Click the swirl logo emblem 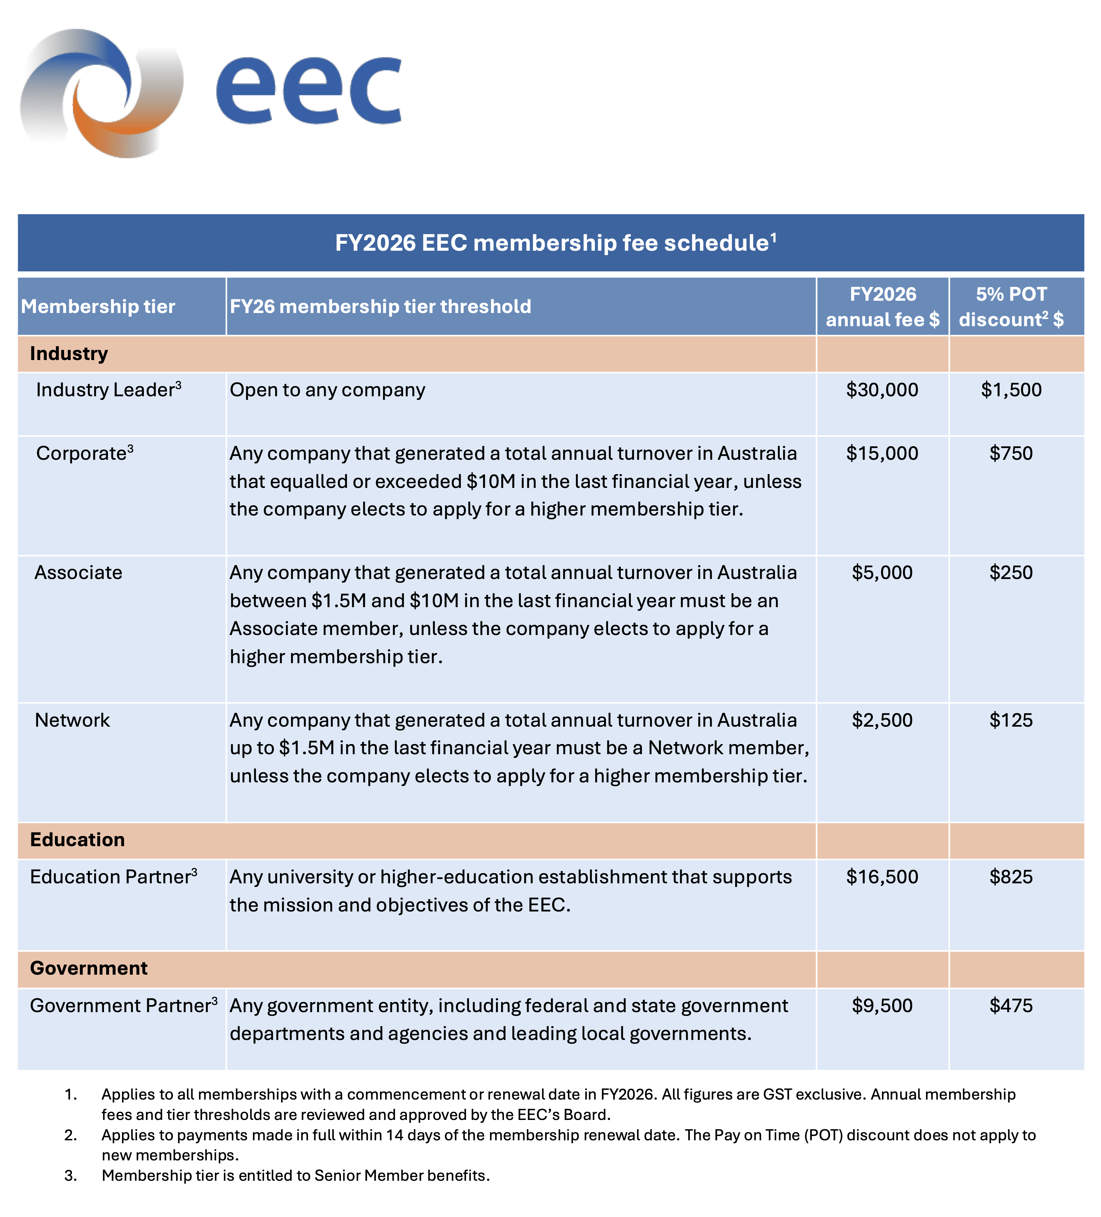[x=102, y=93]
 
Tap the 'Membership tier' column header [x=98, y=307]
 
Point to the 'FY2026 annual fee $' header [x=882, y=307]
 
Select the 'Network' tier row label [x=73, y=720]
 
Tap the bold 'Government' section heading [x=89, y=968]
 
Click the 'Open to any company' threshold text [x=327, y=390]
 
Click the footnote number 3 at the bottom [x=71, y=1175]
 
